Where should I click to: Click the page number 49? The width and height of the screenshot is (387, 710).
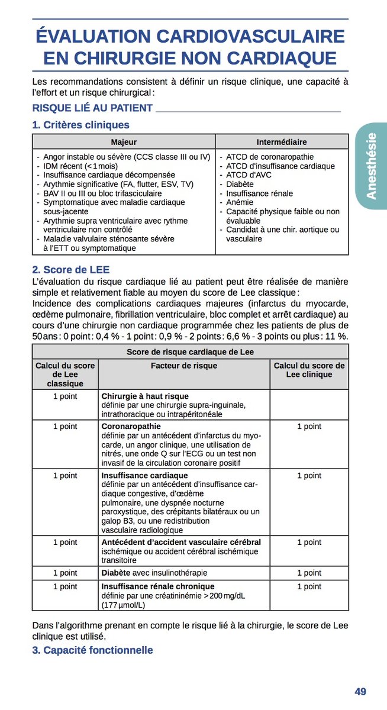click(360, 691)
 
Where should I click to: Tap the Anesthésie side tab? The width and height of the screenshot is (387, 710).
click(371, 166)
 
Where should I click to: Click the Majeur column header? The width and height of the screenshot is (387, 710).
click(124, 142)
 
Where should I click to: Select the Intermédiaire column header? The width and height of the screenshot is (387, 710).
click(282, 142)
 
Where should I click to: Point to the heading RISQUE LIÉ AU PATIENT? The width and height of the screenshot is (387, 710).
click(92, 108)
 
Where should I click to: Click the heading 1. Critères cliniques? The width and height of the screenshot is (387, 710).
click(80, 125)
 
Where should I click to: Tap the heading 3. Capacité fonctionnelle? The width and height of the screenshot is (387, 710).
click(92, 650)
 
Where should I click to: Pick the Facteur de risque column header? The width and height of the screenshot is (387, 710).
click(184, 366)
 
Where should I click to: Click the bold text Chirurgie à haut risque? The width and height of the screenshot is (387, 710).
click(145, 396)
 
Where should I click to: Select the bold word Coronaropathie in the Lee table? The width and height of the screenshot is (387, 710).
click(131, 426)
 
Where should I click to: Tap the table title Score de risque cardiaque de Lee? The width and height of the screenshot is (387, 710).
click(190, 352)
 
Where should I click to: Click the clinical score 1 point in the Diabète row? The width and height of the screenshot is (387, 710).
click(309, 573)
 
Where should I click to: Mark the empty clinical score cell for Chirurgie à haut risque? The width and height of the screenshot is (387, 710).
click(309, 405)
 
